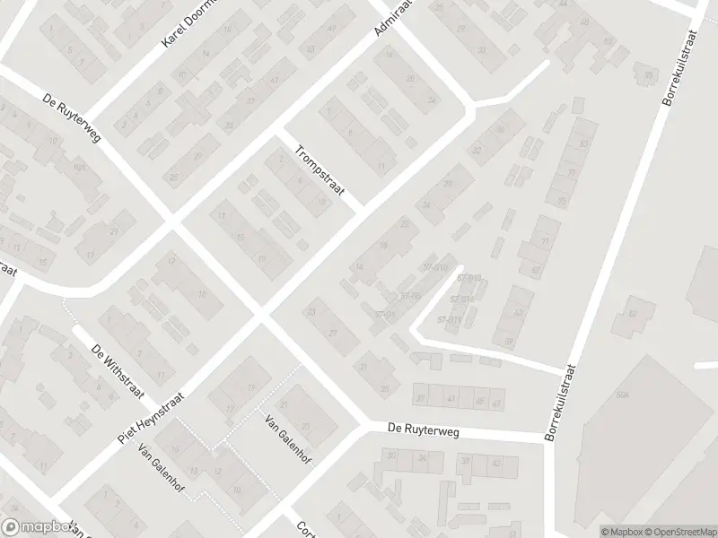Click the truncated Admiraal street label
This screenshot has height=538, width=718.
[391, 20]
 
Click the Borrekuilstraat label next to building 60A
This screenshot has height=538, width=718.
[561, 401]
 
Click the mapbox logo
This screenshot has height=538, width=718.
[38, 527]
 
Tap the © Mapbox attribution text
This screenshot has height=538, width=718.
[619, 531]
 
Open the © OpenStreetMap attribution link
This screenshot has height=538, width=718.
[679, 531]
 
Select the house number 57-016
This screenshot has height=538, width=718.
[463, 299]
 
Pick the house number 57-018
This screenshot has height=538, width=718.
[436, 266]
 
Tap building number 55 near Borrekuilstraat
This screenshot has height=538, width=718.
[649, 74]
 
